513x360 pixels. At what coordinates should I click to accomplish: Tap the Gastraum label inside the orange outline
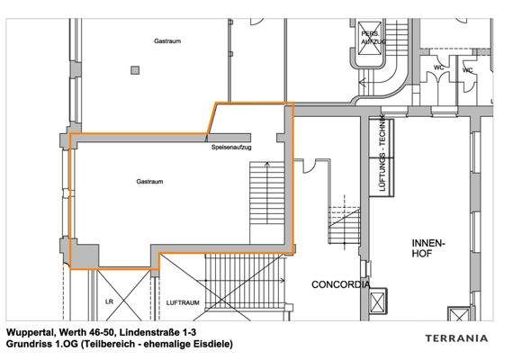[149, 183]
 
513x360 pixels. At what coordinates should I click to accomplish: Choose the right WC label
[468, 70]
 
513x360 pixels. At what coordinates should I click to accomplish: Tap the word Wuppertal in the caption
[31, 332]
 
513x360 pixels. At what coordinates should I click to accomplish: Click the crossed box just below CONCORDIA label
[378, 301]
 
